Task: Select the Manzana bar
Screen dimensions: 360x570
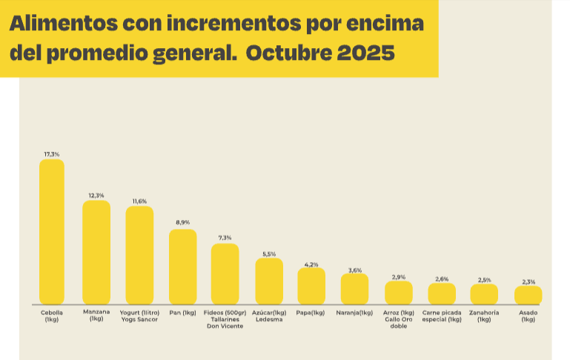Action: pos(96,252)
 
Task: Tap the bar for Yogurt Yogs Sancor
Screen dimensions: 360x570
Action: pos(139,255)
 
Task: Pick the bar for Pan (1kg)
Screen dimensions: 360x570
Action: pos(183,267)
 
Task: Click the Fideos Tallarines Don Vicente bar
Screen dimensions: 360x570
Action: pos(225,273)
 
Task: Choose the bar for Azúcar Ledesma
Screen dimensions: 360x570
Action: pos(269,281)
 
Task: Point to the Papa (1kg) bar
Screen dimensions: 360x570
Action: pos(311,286)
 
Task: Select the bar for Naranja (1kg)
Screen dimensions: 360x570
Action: pos(354,289)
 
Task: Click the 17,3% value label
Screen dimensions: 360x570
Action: pos(52,154)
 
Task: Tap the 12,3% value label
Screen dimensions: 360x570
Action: pos(96,195)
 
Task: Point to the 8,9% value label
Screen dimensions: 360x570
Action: pos(183,223)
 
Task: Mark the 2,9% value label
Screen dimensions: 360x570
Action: pos(398,276)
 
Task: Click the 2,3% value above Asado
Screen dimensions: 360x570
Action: pos(528,281)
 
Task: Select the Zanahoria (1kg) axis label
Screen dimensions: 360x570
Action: pos(484,316)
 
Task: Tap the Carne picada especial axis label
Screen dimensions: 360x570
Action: pos(442,316)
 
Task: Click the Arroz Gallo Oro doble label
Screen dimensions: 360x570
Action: pos(399,319)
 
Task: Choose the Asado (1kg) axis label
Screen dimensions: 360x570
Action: pos(528,316)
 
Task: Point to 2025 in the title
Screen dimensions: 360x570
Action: pos(364,54)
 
